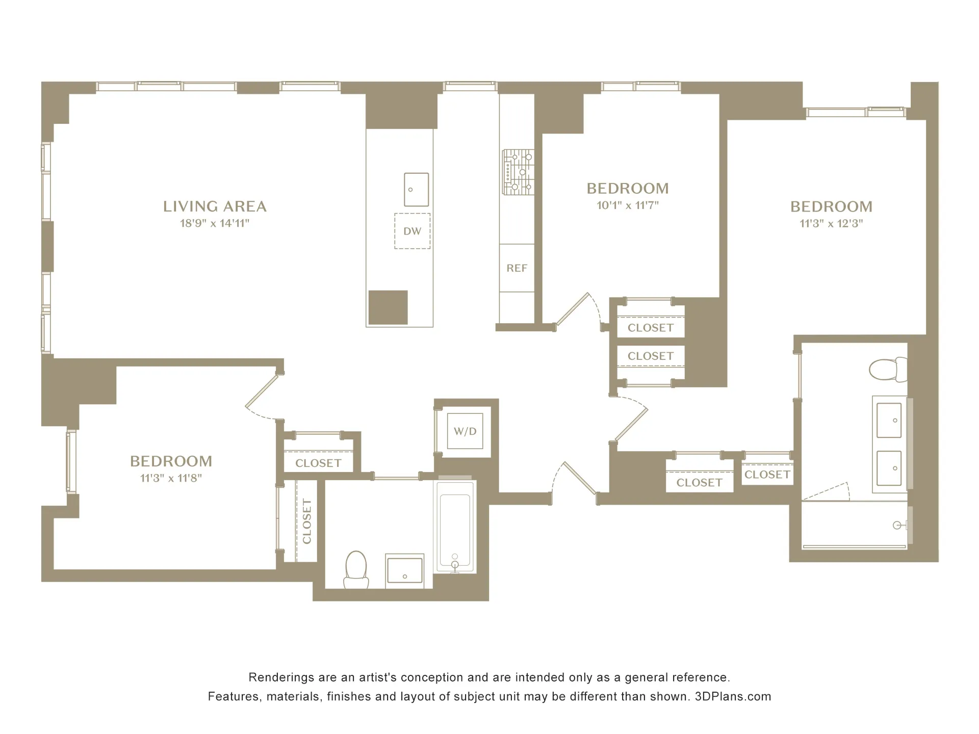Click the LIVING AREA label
point(215,206)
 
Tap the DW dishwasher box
point(412,231)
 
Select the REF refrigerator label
point(517,268)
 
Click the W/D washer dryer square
point(465,431)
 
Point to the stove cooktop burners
point(518,172)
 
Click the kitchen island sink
point(416,190)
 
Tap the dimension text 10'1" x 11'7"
point(628,205)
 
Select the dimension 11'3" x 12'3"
point(831,223)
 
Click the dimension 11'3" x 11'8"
point(171,478)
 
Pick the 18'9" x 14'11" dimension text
point(214,223)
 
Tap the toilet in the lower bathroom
point(356,570)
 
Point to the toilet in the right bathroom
point(887,370)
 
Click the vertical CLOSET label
point(306,521)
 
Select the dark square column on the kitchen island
point(388,307)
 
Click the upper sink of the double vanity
point(889,420)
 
